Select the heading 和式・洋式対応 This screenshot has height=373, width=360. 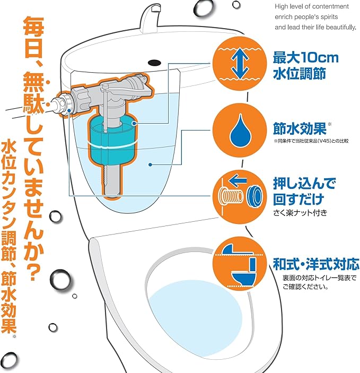[x=316, y=263]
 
